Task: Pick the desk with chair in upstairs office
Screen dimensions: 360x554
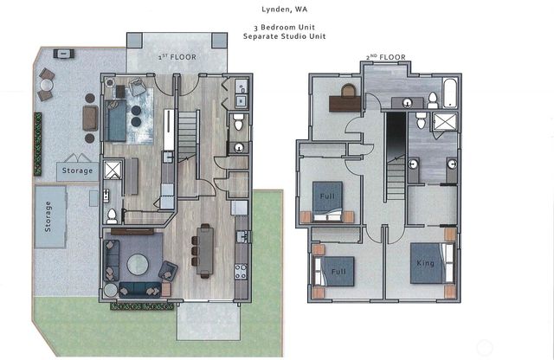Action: coord(348,100)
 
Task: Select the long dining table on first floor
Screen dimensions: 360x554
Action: coord(204,249)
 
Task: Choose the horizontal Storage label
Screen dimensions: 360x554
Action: coord(77,170)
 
